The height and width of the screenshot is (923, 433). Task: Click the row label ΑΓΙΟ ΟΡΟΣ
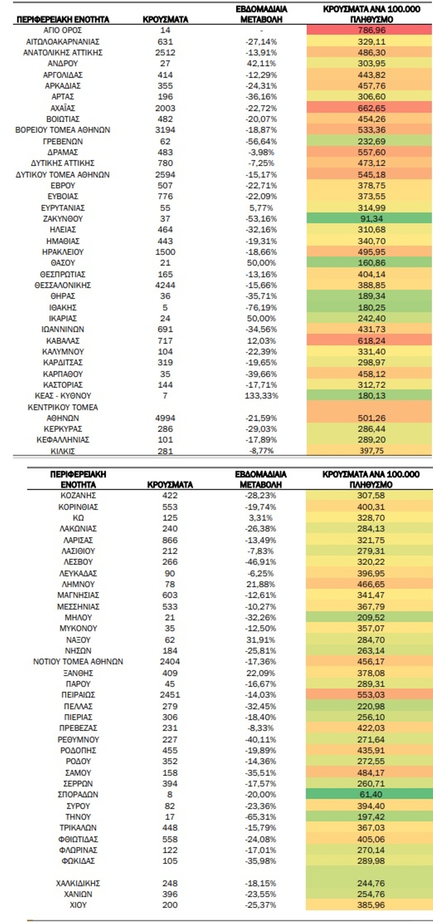63,31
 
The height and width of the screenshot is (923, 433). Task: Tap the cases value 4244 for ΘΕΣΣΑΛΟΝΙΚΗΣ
165,285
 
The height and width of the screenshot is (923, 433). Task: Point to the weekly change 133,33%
261,395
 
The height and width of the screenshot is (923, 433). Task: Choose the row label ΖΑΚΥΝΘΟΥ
63,219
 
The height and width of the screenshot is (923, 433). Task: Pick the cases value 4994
165,418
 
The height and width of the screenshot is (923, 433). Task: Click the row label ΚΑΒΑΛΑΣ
63,341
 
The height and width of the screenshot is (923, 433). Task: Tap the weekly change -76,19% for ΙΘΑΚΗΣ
261,308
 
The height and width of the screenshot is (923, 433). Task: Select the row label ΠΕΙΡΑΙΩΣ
78,695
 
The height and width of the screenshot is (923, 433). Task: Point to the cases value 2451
170,695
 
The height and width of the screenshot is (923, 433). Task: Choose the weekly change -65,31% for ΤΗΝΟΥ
261,817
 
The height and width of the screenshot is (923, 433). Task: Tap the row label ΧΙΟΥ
78,905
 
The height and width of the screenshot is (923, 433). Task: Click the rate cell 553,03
370,695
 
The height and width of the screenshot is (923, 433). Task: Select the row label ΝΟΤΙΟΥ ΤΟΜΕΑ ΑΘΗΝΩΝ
78,661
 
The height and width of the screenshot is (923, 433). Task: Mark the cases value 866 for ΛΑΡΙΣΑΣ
170,540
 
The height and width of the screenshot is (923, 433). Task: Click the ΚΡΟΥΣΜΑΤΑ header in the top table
165,20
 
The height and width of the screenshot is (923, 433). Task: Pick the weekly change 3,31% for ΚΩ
261,518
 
